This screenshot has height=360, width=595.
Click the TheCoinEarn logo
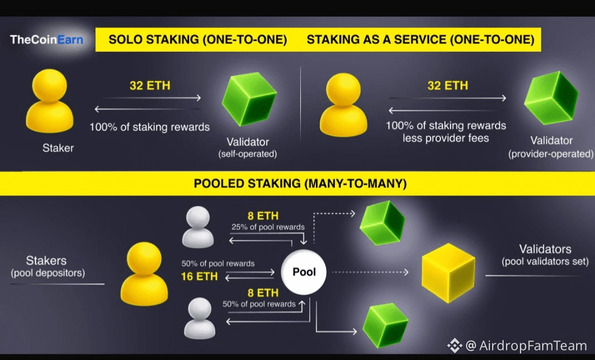46,40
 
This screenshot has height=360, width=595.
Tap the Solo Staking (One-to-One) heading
197,40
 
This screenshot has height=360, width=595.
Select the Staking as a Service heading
420,40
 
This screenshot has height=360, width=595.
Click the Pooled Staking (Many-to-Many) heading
300,184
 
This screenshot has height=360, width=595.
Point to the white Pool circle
304,272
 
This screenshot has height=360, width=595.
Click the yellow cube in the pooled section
448,272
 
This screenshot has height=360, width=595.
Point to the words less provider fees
446,137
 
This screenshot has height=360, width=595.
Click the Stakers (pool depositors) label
46,266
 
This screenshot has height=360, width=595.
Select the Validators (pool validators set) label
545,254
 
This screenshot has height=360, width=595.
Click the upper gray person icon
198,227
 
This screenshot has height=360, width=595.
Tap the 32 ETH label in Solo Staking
150,86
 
